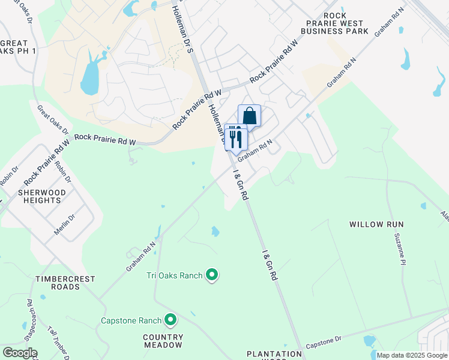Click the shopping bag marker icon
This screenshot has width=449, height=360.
pos(249,116)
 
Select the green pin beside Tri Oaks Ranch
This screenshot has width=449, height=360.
pos(211,275)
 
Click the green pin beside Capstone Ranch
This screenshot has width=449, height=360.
pos(170,320)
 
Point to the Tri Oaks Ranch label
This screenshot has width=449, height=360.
pos(174,275)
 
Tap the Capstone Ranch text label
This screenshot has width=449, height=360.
pos(132,320)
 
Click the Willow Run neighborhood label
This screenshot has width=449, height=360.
pos(376,224)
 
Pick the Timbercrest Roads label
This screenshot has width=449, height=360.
pos(58,283)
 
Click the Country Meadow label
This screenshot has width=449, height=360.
pos(163,341)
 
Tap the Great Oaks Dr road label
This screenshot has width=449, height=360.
pos(53,121)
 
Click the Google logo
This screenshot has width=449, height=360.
pos(19,353)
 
